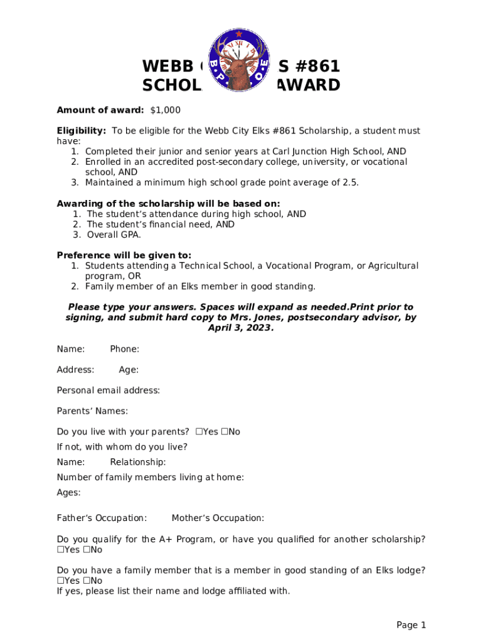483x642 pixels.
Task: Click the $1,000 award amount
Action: tap(165, 110)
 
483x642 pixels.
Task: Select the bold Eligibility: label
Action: tap(82, 131)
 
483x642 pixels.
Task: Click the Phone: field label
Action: tap(124, 349)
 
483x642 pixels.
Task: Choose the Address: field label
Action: tap(75, 370)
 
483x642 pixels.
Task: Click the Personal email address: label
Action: tap(108, 391)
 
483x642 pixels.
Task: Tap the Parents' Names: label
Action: tap(92, 411)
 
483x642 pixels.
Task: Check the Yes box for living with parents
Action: tap(198, 432)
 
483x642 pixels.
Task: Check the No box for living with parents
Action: tap(224, 432)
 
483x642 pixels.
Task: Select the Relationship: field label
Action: tap(137, 462)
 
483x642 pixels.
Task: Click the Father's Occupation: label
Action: tap(102, 518)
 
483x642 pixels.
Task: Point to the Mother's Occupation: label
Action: tap(218, 518)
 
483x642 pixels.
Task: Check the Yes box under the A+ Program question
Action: tap(60, 550)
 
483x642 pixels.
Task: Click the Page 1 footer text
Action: tap(411, 625)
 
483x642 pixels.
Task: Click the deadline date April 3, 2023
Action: tap(241, 328)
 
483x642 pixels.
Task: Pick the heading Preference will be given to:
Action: tap(124, 255)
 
